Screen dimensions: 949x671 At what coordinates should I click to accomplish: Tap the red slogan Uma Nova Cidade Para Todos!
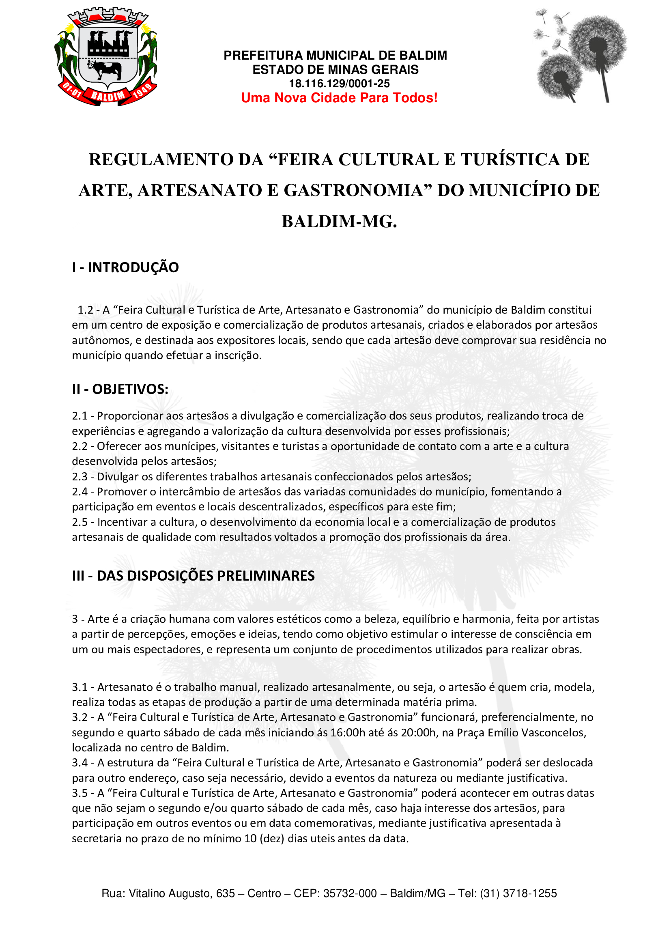tap(339, 98)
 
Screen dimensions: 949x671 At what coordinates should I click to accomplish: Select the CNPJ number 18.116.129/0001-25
tap(339, 84)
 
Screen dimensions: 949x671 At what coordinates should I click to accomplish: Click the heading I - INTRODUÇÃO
tap(125, 267)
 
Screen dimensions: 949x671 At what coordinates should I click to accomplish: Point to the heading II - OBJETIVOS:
tap(120, 389)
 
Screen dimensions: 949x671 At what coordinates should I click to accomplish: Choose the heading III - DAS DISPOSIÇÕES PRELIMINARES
tap(194, 576)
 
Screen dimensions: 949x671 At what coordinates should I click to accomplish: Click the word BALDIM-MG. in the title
tap(339, 222)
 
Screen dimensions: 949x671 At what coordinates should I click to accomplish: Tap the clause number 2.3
tap(80, 477)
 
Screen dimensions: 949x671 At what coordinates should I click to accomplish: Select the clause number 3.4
tap(80, 763)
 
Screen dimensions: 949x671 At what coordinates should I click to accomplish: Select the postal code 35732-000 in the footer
tap(350, 893)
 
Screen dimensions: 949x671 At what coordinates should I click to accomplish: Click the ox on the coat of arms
tap(105, 69)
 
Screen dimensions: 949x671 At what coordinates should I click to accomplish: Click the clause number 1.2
tap(85, 310)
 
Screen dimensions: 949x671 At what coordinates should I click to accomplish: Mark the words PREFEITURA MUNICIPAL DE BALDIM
tap(335, 56)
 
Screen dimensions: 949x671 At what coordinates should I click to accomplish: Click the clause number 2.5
tap(80, 522)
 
